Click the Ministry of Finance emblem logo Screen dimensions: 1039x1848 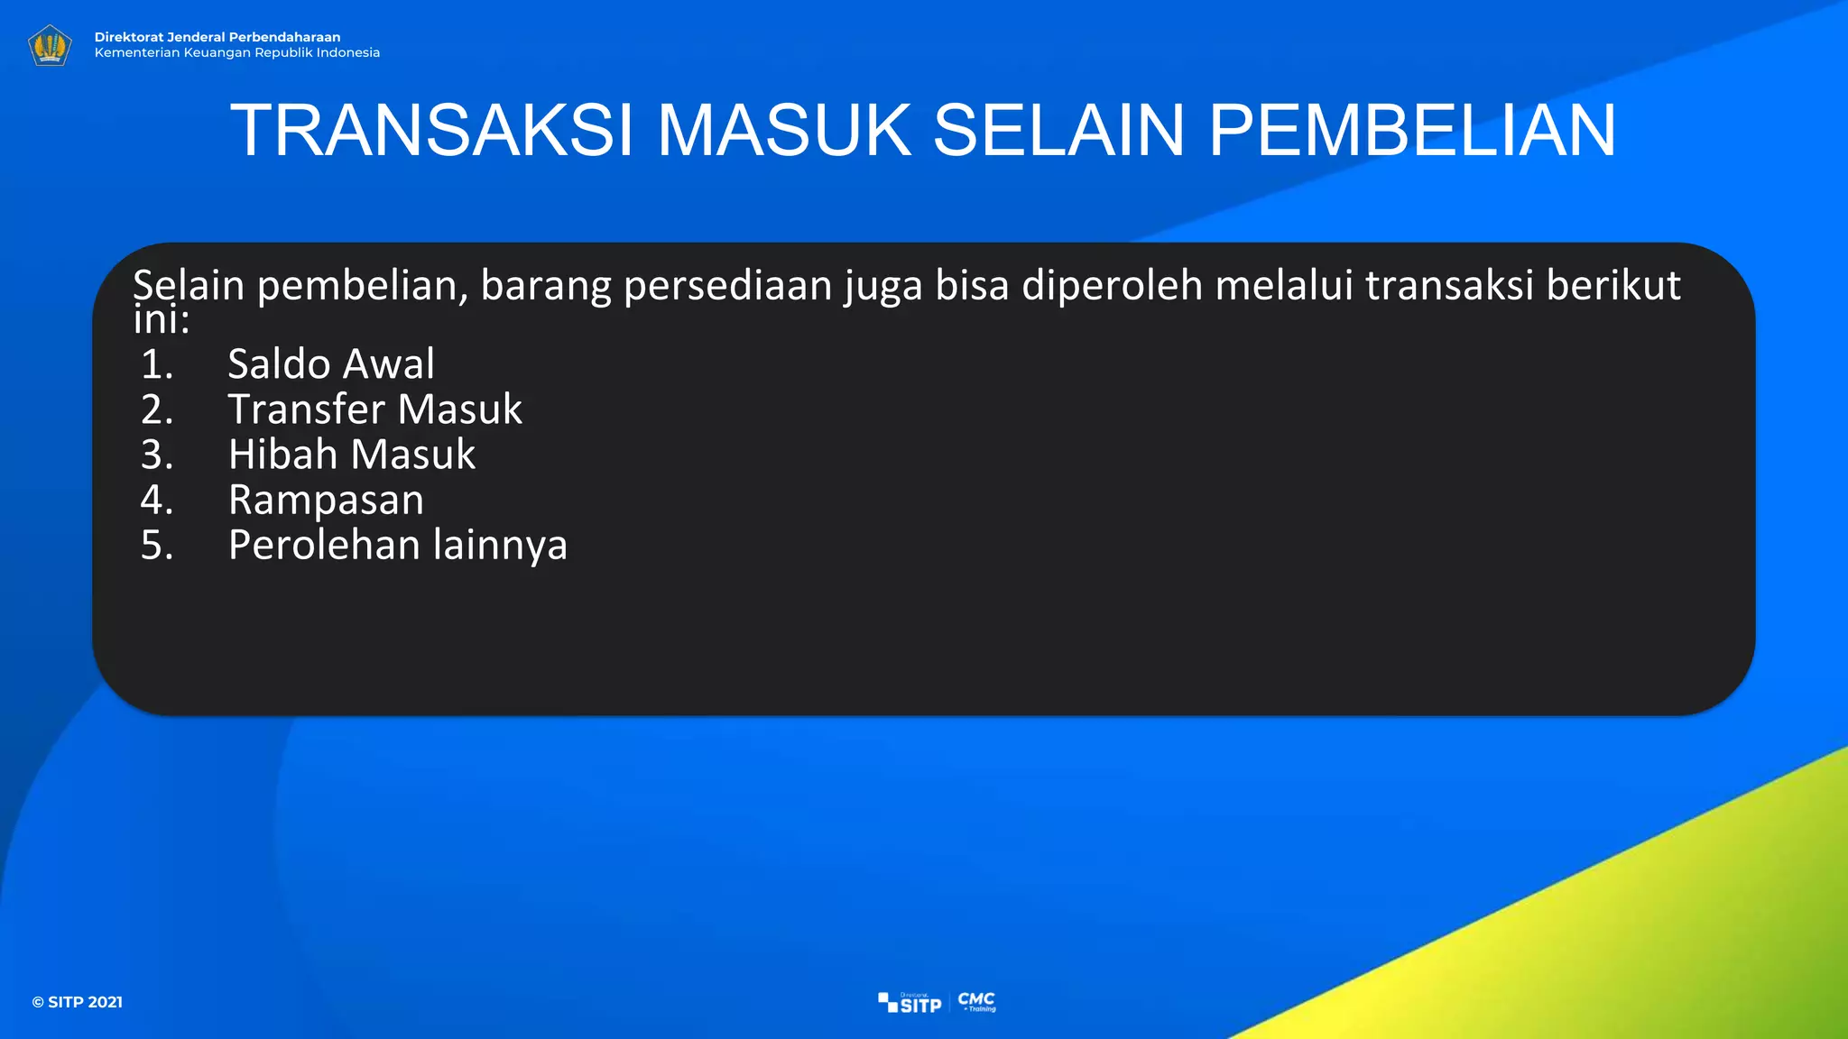[x=50, y=45]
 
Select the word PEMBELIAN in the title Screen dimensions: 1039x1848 [x=1411, y=131]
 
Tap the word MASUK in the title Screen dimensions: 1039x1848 [x=783, y=131]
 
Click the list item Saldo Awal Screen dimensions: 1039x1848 [x=330, y=364]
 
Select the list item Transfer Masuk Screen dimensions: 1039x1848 [x=374, y=409]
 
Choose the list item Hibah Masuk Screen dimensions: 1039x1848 [x=351, y=455]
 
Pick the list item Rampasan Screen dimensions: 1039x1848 [x=326, y=500]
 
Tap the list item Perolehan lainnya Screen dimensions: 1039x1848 [x=397, y=545]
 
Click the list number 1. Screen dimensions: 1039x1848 [x=157, y=364]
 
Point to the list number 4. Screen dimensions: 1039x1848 [x=157, y=500]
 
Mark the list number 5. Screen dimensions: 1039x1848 [x=157, y=545]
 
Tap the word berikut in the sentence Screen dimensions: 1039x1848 [x=1613, y=285]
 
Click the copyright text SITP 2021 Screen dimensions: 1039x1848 [x=78, y=1002]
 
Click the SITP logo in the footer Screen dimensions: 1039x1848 [x=910, y=1003]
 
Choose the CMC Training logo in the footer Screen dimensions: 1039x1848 [x=977, y=1001]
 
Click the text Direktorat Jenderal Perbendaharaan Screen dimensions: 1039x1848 [x=217, y=37]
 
